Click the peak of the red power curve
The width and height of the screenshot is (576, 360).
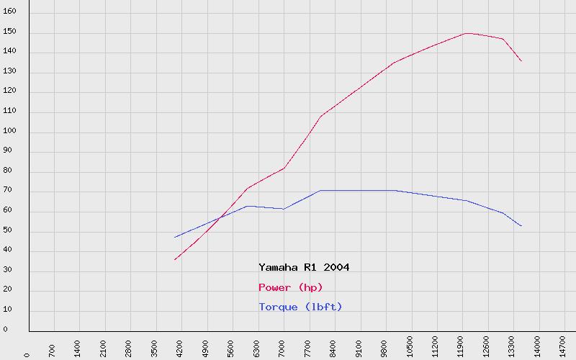(467, 33)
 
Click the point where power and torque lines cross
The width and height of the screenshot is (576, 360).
(219, 217)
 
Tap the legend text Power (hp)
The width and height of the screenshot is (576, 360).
(290, 287)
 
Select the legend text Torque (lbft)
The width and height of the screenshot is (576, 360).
(300, 307)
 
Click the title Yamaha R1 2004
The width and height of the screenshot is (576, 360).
(304, 267)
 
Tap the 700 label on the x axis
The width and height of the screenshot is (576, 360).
(53, 347)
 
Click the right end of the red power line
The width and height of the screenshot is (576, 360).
(521, 61)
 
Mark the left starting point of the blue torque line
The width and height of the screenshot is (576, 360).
(174, 238)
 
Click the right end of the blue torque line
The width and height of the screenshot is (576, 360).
(521, 226)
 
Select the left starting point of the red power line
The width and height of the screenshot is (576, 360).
(174, 259)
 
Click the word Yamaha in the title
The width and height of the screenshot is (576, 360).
(276, 267)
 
